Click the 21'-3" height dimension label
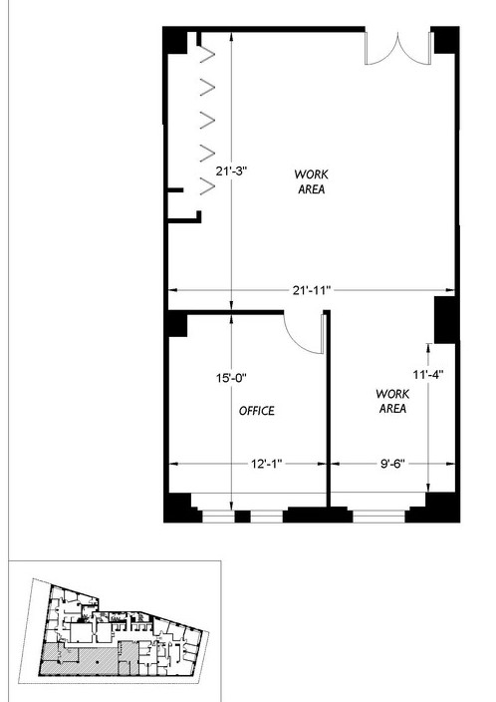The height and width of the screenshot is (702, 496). point(231,172)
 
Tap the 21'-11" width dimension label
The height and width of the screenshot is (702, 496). point(312,290)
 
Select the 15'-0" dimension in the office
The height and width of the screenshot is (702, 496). point(231,378)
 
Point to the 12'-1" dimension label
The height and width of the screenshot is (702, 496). point(267,464)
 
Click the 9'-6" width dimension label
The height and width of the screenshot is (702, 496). point(392,464)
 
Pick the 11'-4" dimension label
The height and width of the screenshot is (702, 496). point(428,374)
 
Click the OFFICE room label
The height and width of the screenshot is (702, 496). point(257,411)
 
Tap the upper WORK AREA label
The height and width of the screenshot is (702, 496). point(312,181)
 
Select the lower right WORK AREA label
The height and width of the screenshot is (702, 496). point(392,401)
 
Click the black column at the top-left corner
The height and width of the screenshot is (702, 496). point(175,40)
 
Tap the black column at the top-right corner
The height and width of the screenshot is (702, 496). point(447,40)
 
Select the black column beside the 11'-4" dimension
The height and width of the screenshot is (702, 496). point(445,320)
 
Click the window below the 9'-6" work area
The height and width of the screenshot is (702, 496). point(378,517)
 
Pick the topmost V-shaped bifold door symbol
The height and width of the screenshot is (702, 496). point(206,55)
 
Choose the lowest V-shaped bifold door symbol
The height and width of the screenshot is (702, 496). point(207,186)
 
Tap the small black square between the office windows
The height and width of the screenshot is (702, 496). point(242,517)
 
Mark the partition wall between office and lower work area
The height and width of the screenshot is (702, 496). point(328,408)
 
